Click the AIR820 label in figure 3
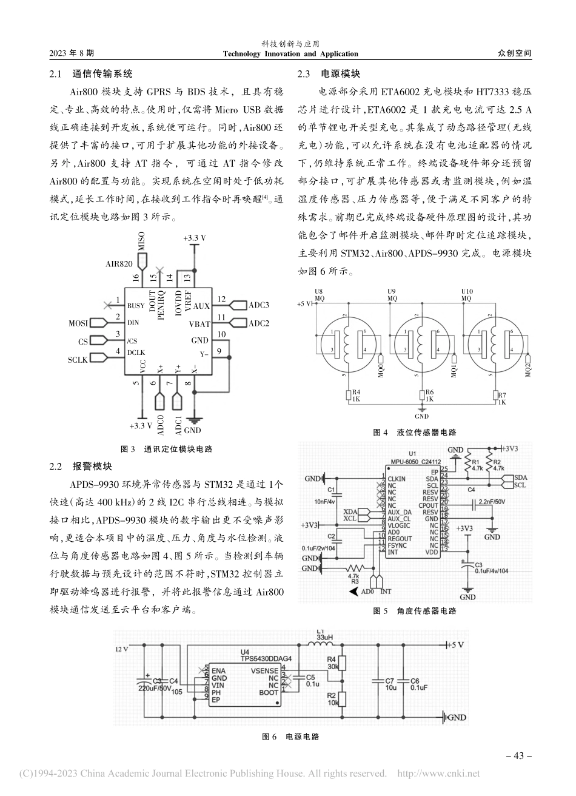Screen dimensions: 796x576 click(x=119, y=264)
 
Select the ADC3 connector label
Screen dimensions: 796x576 click(x=259, y=305)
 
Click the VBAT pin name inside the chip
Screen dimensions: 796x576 click(x=199, y=323)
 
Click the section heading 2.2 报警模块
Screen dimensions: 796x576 click(x=85, y=467)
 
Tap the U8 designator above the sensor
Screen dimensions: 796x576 click(x=320, y=291)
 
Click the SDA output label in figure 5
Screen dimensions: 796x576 click(x=520, y=477)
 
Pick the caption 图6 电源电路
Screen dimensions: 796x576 click(x=289, y=737)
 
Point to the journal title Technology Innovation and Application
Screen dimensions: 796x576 click(x=287, y=54)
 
